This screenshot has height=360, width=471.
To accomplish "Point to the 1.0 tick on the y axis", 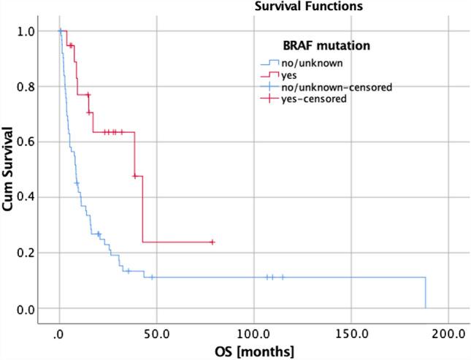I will pos(26,31).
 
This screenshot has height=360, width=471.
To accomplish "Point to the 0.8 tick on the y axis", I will pos(26,87).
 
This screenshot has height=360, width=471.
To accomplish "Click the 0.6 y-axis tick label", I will pos(26,142).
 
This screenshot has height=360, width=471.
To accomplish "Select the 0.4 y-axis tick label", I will pos(26,197).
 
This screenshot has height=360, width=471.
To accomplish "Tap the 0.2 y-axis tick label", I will pos(26,253).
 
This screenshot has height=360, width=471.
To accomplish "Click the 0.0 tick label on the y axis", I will pos(26,308).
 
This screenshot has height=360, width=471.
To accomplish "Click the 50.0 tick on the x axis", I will pos(156,334).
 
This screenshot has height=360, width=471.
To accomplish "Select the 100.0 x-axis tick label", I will pos(253,334).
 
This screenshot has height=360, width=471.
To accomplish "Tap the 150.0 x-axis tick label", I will pos(351,334).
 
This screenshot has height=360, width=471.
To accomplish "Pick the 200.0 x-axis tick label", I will pos(448,334).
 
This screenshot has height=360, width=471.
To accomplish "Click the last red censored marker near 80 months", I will pos(212,242).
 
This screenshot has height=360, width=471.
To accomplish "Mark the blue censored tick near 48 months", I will pos(152,277).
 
